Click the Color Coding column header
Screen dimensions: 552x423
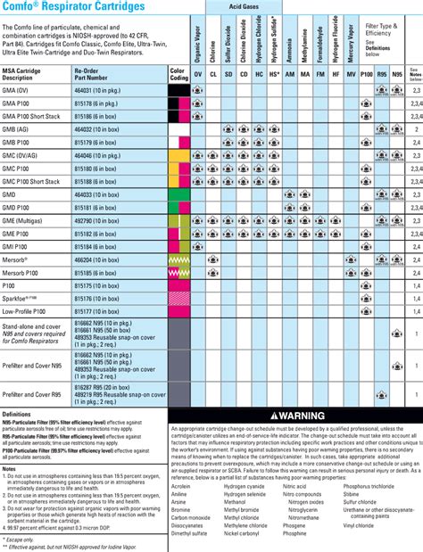[178, 73]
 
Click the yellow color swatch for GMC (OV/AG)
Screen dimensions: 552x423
[178, 155]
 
